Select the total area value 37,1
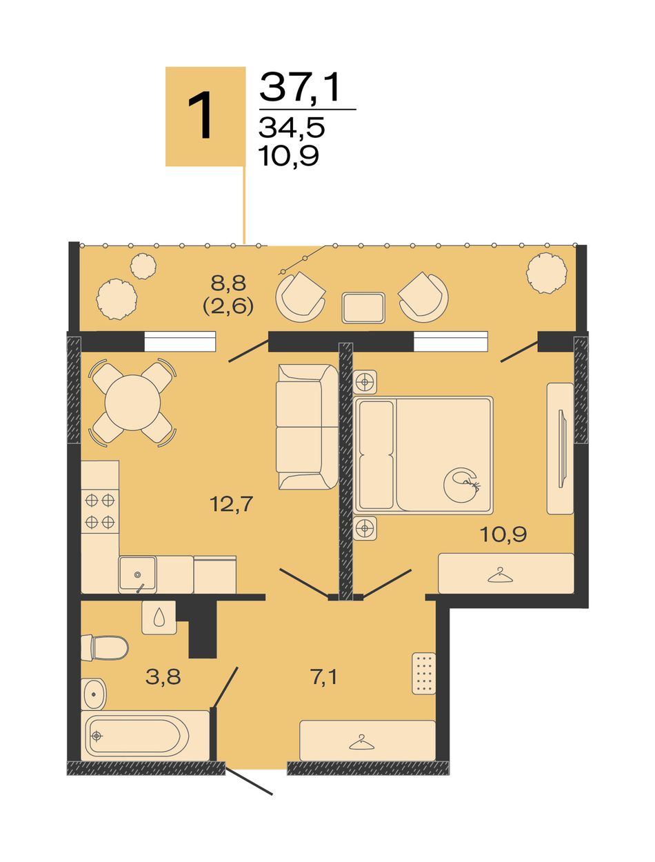click(299, 87)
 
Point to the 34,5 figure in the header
click(292, 128)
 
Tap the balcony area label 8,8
click(228, 283)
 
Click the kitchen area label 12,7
click(231, 503)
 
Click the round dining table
click(132, 403)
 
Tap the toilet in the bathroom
click(105, 648)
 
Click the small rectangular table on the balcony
click(363, 308)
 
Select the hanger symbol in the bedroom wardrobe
click(500, 575)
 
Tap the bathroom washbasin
click(94, 694)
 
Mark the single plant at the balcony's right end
click(547, 273)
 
